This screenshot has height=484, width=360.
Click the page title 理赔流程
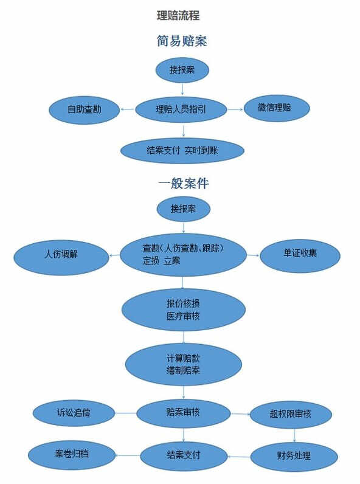[x=178, y=15]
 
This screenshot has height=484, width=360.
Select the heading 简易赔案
[x=182, y=41]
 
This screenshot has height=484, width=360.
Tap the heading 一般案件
[x=184, y=184]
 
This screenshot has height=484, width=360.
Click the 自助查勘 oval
[x=85, y=110]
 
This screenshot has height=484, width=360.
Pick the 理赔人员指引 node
[x=181, y=109]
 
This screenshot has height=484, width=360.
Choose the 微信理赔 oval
[x=277, y=108]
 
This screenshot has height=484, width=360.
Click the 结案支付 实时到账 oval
[x=182, y=151]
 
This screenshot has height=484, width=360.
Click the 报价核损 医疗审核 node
[x=184, y=309]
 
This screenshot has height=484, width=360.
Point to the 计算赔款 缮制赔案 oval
[x=184, y=364]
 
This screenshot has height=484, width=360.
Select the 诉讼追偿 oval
[x=74, y=413]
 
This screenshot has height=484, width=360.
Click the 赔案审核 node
[x=184, y=413]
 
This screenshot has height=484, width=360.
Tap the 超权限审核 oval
[x=291, y=414]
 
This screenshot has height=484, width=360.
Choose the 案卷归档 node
[x=72, y=455]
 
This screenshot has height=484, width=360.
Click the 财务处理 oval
[x=294, y=457]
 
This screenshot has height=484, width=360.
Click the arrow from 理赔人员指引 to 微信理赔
[x=235, y=109]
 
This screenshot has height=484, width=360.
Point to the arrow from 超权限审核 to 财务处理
[x=294, y=435]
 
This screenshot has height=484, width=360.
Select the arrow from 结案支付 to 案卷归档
[x=128, y=455]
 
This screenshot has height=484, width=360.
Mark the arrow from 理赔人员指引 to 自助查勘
[x=128, y=109]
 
